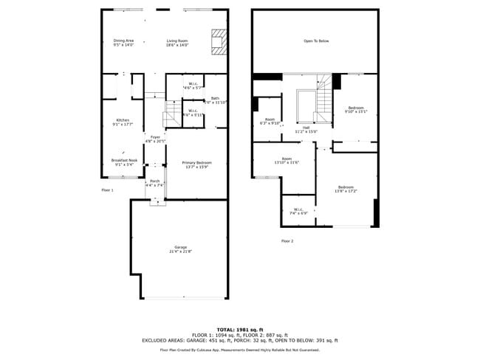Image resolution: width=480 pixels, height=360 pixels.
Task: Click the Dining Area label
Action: coord(123,42)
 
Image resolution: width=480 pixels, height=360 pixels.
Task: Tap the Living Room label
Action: coord(177,42)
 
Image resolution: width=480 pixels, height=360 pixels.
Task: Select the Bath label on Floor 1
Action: coord(215,100)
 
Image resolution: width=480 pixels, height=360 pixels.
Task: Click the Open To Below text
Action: coord(316,41)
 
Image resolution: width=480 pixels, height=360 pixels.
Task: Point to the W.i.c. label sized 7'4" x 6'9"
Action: coord(299,211)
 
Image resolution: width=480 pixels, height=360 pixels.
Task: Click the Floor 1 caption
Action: coord(108,190)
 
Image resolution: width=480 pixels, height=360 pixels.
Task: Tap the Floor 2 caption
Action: coord(287,241)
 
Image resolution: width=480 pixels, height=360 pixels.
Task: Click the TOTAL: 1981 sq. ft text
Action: coord(239,329)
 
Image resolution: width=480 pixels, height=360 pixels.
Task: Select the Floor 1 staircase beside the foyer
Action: coord(171,113)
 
